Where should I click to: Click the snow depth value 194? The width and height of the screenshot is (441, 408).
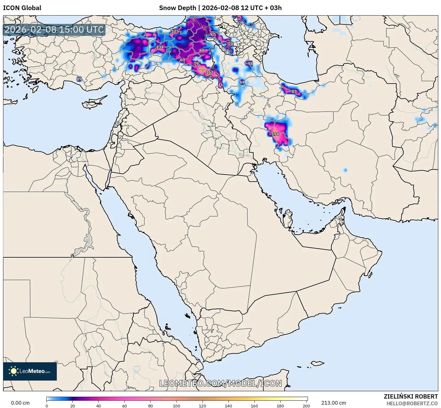(275, 134)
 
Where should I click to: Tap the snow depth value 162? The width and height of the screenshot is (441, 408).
(210, 72)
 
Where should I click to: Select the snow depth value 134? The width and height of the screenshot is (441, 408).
(160, 47)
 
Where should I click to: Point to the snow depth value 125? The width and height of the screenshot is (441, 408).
(175, 31)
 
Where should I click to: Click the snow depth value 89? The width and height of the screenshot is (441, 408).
(79, 79)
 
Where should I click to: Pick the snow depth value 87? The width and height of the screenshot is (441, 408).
(294, 91)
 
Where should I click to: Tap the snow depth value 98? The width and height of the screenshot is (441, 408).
(250, 63)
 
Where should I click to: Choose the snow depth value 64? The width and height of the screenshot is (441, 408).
(242, 82)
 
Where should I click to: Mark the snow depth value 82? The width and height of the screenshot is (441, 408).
(239, 23)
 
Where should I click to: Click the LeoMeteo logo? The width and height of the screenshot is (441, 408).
(30, 371)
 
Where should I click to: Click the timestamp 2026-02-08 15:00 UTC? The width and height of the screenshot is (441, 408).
(54, 30)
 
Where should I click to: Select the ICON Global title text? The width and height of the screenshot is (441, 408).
(22, 8)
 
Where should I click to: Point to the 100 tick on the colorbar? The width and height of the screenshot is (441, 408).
(177, 406)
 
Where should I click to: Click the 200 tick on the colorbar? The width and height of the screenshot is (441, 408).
(306, 406)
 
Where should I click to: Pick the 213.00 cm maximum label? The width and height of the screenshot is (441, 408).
(333, 403)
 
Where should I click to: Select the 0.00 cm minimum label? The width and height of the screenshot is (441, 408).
(20, 403)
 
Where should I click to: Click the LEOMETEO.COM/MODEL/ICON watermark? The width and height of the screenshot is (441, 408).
(221, 383)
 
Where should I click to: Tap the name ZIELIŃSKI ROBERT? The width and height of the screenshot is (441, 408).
(411, 396)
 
